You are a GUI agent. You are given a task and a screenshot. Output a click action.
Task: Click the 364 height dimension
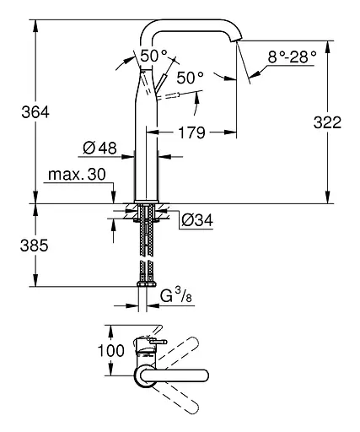(x=18, y=111)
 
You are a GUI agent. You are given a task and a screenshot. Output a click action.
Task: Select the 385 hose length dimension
(x=18, y=246)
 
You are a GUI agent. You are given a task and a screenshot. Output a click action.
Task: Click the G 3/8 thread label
(x=178, y=296)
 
